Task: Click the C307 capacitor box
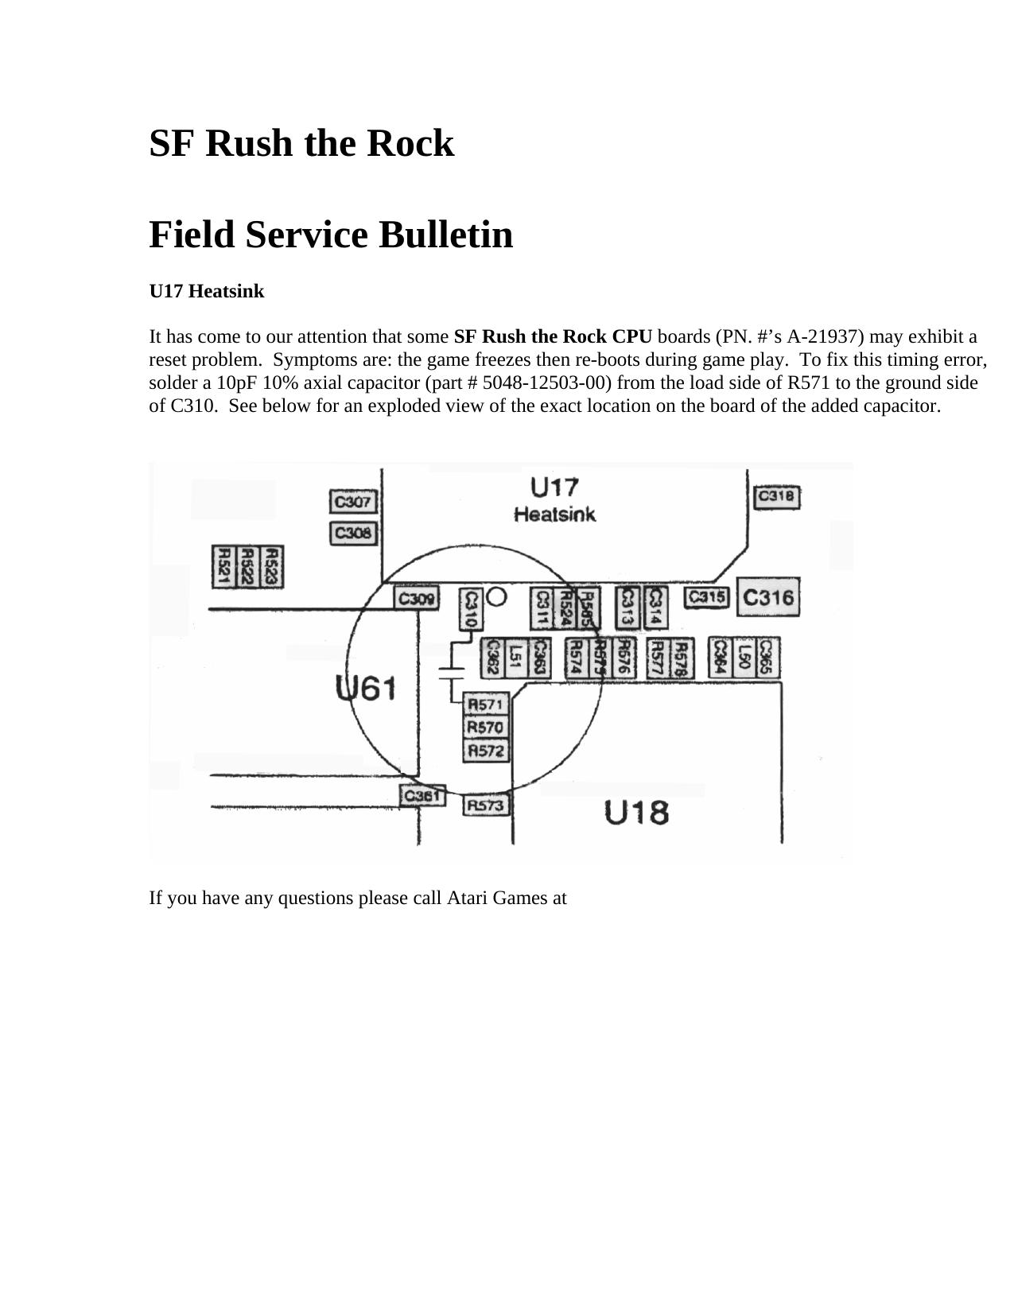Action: coord(352,503)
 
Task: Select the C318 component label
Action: coord(776,497)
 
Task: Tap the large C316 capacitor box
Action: coord(767,597)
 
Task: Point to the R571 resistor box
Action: coord(485,705)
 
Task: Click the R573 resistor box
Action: coord(485,805)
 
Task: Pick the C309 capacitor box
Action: coord(416,598)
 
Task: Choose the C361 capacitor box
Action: coord(422,795)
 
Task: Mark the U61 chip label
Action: coord(366,688)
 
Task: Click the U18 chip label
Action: coord(636,813)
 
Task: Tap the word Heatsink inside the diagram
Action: coord(554,514)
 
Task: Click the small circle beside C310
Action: coord(496,596)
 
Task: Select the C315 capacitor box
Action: coord(706,597)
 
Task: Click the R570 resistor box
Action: coord(485,728)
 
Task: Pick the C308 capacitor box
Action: coord(352,533)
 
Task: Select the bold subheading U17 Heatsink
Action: coord(206,292)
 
